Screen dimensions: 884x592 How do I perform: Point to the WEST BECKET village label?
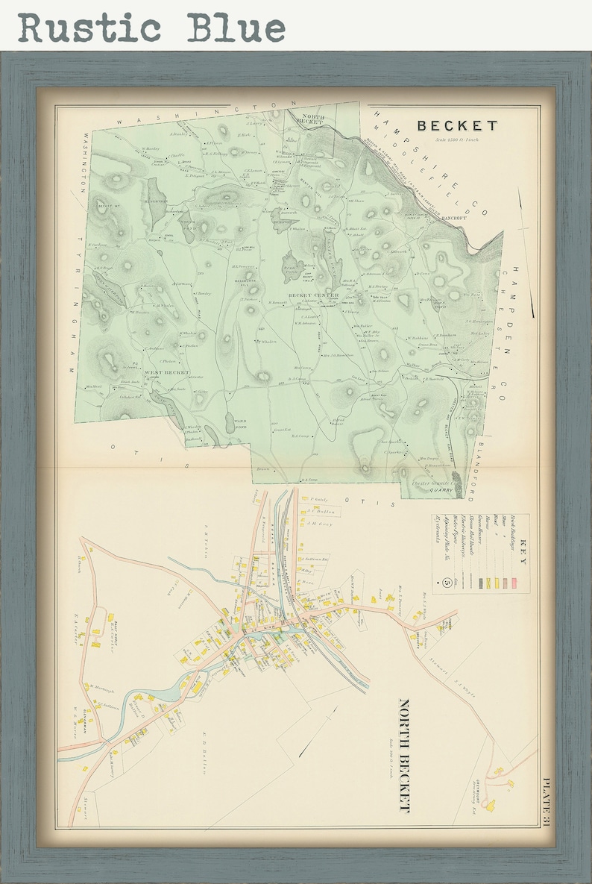pyautogui.click(x=166, y=372)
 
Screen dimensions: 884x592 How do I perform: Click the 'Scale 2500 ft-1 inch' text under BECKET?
pyautogui.click(x=458, y=139)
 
